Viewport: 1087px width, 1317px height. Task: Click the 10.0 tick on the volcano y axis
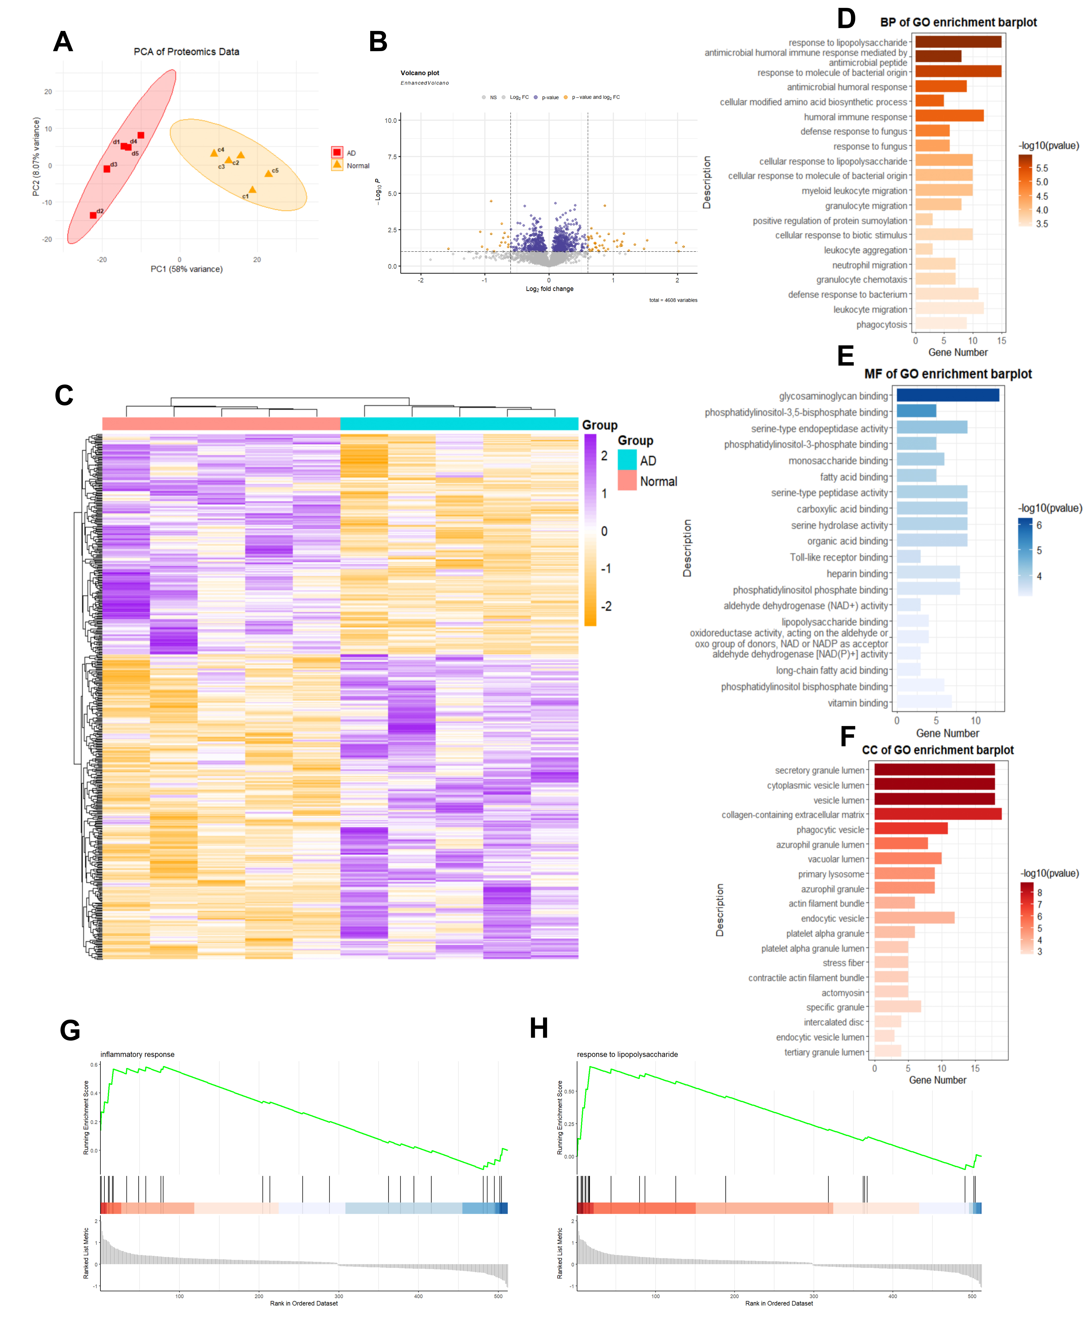click(391, 120)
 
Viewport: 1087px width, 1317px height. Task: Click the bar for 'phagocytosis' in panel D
click(941, 324)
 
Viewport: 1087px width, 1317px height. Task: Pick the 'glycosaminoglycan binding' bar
click(947, 395)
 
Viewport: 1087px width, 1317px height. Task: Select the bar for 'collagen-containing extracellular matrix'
click(937, 814)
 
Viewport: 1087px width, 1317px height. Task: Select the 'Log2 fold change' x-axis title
click(549, 289)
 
